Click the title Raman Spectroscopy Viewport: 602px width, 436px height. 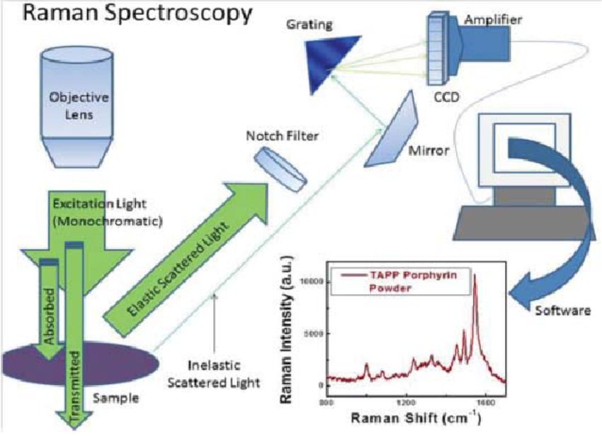127,13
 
